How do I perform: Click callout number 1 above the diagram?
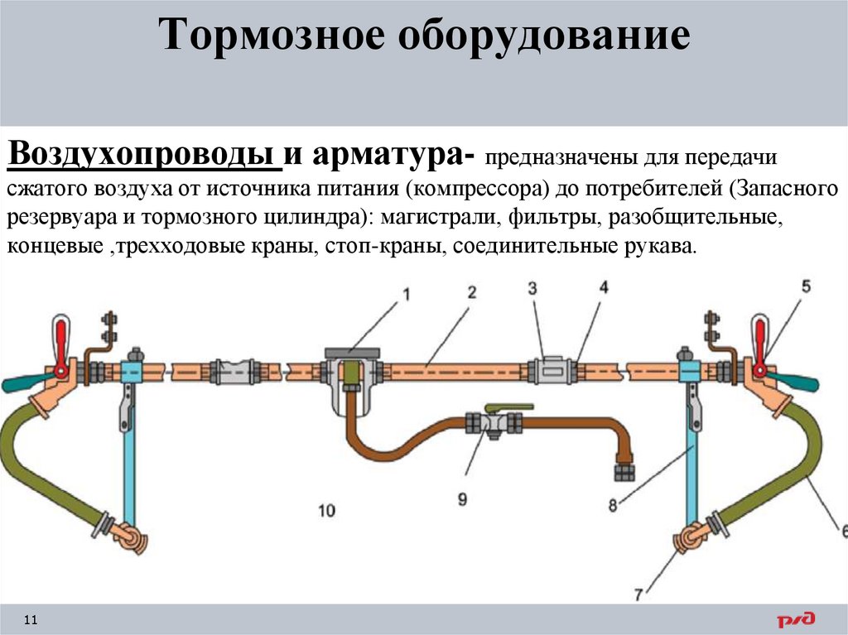click(x=407, y=293)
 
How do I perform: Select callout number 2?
click(x=471, y=292)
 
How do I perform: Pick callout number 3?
click(x=533, y=287)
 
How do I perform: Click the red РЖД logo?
click(x=795, y=618)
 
